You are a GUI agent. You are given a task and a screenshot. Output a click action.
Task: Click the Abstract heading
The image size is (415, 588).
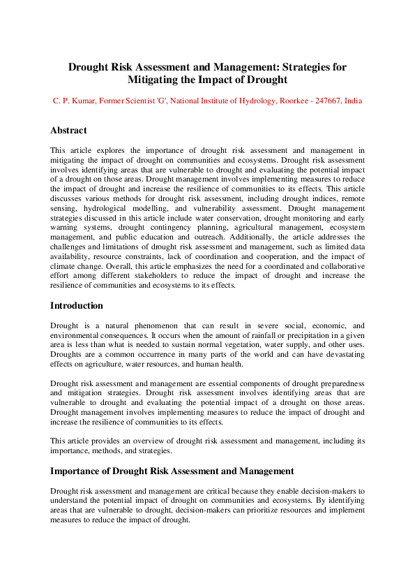point(68,131)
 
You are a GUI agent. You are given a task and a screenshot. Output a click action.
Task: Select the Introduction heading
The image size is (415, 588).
point(77,306)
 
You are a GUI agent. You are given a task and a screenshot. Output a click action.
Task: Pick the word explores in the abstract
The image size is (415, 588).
point(111,150)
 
